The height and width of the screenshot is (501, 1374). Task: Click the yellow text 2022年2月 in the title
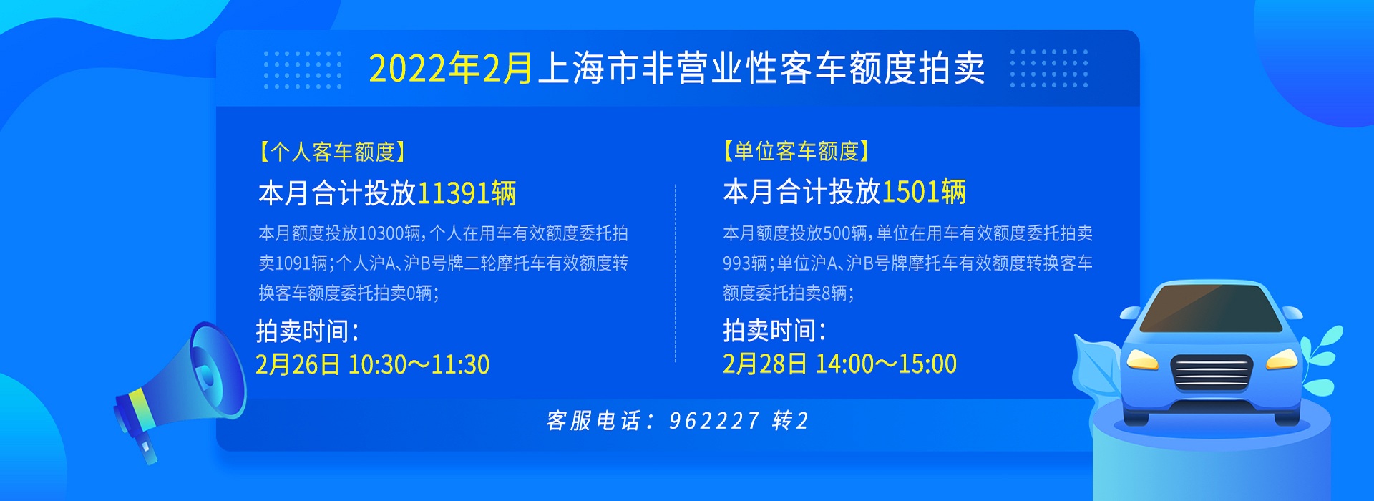coord(451,69)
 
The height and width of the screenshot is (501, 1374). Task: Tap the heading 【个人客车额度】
coord(333,152)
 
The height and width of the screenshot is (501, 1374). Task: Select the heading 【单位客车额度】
coord(797,151)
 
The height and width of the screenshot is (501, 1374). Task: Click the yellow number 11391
coord(453,193)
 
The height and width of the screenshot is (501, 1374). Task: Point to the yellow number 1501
coord(910,192)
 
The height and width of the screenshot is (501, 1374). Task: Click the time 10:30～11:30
coord(419,365)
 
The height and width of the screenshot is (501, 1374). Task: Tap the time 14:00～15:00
coord(886,364)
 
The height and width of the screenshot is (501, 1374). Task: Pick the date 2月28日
coord(765,364)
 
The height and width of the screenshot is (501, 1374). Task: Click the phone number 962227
coord(713,421)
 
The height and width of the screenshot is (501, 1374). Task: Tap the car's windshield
coord(1210,308)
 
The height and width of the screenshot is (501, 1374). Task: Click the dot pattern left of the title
coord(303,69)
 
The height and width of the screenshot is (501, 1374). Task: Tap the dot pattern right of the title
coord(1048,69)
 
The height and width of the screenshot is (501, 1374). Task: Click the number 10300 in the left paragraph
coord(381,233)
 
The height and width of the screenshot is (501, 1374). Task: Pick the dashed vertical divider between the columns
coord(675,273)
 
